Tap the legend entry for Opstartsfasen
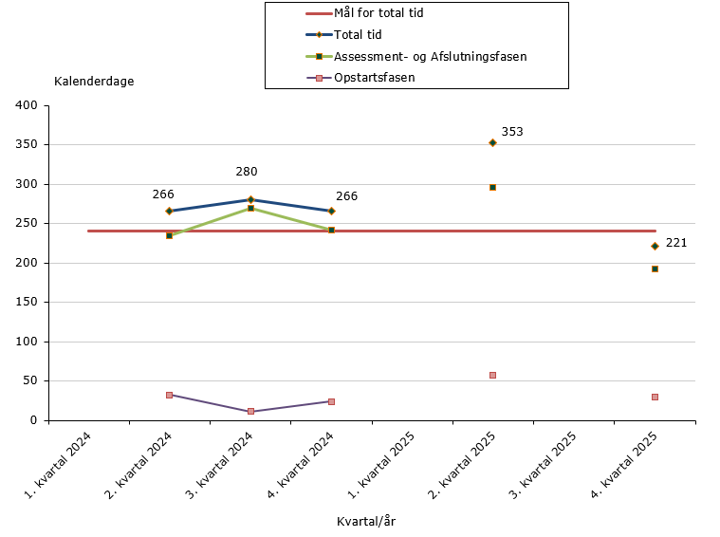pyautogui.click(x=374, y=78)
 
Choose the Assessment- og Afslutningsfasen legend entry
pyautogui.click(x=430, y=57)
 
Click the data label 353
pyautogui.click(x=512, y=132)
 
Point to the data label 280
pyautogui.click(x=247, y=172)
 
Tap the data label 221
pyautogui.click(x=675, y=243)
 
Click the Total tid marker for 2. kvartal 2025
pyautogui.click(x=493, y=142)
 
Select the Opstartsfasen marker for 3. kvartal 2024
pyautogui.click(x=250, y=411)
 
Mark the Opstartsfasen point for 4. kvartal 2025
pyautogui.click(x=655, y=397)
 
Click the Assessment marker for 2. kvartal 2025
pyautogui.click(x=493, y=187)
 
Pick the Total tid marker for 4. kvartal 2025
pyautogui.click(x=655, y=246)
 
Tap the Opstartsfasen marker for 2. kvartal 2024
pyautogui.click(x=170, y=395)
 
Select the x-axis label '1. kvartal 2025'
pyautogui.click(x=383, y=466)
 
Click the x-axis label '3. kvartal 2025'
pyautogui.click(x=545, y=466)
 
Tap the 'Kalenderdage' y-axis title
pyautogui.click(x=94, y=81)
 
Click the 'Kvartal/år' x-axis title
pyautogui.click(x=371, y=521)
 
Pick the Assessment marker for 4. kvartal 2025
pyautogui.click(x=655, y=268)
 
